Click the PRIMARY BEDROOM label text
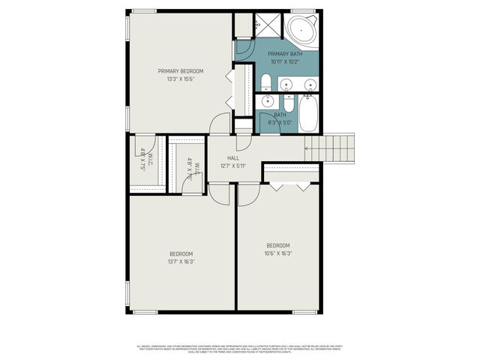(x=181, y=71)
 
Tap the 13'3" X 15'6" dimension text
(x=181, y=79)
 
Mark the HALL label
(x=233, y=158)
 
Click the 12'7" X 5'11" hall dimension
(x=233, y=166)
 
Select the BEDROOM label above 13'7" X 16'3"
(x=181, y=253)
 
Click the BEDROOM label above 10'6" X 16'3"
(x=278, y=245)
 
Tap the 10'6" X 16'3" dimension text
(x=278, y=253)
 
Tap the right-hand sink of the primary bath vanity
(x=309, y=84)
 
